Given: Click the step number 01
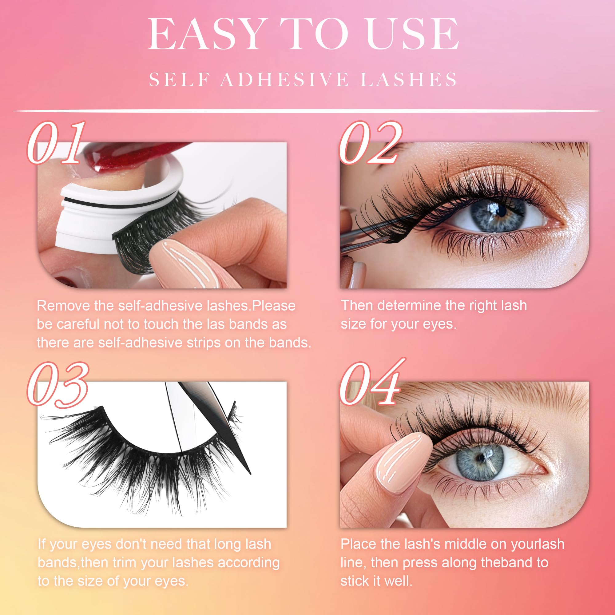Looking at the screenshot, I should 57,143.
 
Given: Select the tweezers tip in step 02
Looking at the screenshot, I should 387,239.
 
